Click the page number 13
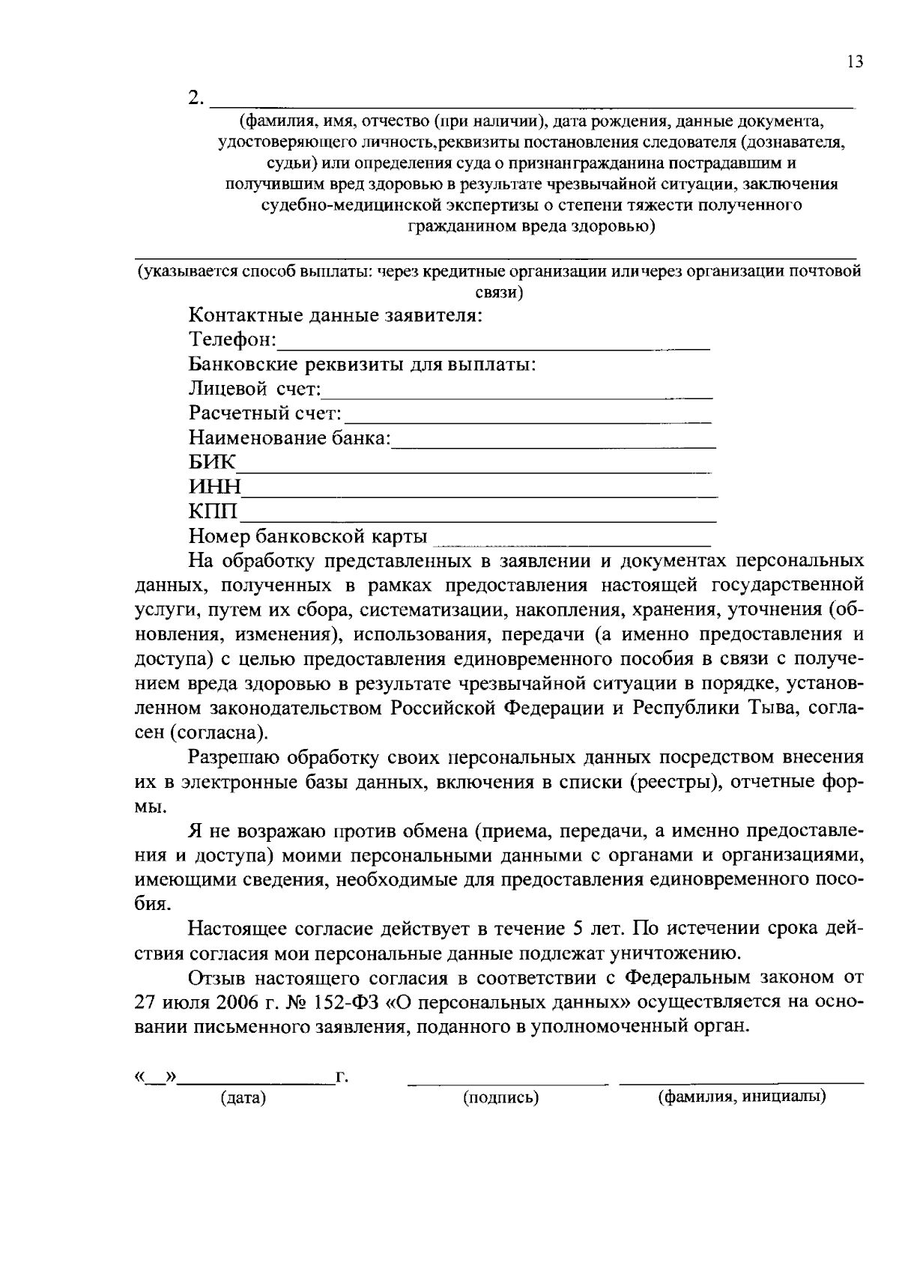click(855, 62)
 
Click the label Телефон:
click(232, 340)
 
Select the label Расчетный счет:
click(265, 413)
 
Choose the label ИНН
click(214, 488)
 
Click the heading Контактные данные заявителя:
click(335, 315)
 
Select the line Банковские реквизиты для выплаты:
click(362, 365)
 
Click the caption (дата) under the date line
click(243, 1099)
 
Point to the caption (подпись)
click(501, 1099)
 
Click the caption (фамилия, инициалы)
click(742, 1098)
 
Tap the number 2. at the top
click(196, 97)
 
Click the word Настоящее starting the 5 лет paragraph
click(236, 929)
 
